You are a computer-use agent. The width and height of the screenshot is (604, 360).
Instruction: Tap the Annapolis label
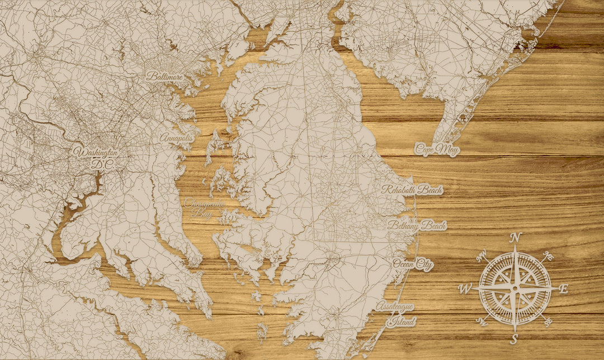point(176,138)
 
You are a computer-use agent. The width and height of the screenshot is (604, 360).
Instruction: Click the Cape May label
point(437,150)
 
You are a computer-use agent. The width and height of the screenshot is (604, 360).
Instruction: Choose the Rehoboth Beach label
point(412,190)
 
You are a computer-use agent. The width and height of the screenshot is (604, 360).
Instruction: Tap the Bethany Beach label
point(417,225)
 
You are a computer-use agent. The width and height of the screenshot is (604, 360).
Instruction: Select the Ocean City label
point(413,264)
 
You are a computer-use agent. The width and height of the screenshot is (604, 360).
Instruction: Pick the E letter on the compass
point(564,289)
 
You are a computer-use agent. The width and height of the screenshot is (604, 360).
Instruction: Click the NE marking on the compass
point(549,256)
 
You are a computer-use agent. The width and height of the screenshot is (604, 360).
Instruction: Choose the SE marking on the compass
point(548,321)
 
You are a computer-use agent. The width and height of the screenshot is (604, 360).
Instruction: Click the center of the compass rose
point(515,288)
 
